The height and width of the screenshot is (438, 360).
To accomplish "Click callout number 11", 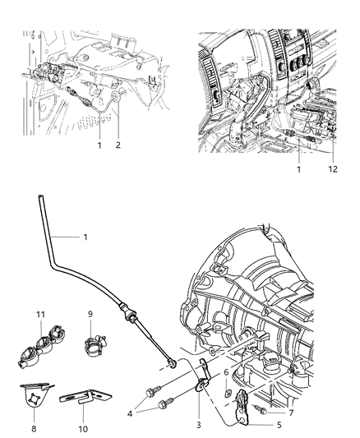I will click(x=39, y=315).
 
